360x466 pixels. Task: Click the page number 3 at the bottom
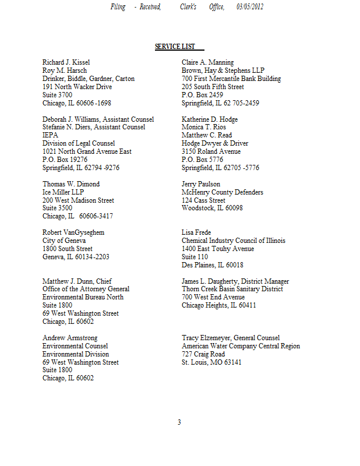pos(179,422)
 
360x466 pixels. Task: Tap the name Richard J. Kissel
pos(66,62)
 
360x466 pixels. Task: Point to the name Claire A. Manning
pos(207,62)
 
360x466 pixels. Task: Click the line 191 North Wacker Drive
pos(77,87)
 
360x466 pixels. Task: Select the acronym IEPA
pos(50,135)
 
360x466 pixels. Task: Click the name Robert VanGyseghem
pos(73,232)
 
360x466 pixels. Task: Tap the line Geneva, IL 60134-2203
pos(76,257)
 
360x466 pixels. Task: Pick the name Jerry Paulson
pos(200,184)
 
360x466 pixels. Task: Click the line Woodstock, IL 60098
pos(212,209)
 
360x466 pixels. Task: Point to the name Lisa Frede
pos(196,232)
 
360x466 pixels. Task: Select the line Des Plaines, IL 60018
pos(212,265)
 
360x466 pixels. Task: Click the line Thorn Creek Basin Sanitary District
pos(232,289)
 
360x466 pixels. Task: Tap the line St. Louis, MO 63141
pos(211,362)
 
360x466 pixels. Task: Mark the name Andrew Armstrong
pos(70,338)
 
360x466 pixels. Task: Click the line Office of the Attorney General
pos(86,289)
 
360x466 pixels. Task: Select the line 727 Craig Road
pos(203,354)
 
